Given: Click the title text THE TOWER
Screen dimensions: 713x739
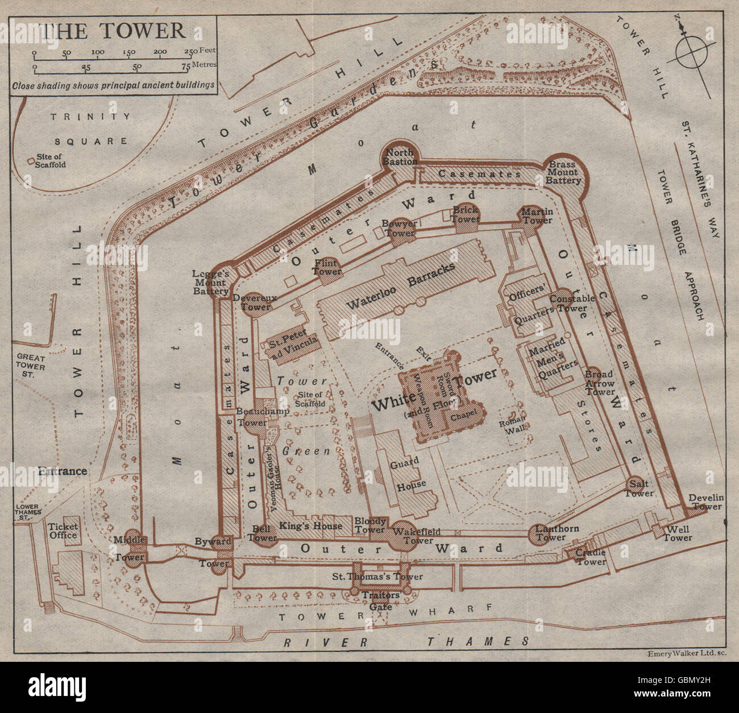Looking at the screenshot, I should coord(114,30).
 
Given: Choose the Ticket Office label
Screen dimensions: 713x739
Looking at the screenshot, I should coord(63,530).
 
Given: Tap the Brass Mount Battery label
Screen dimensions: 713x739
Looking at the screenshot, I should coord(563,172).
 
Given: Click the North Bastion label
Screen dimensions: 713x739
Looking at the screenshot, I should coord(401,157).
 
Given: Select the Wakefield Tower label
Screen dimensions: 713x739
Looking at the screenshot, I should coord(418,536).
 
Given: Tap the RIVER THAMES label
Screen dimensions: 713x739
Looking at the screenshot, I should coord(406,641).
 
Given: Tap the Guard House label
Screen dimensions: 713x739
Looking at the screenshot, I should coord(405,472).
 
